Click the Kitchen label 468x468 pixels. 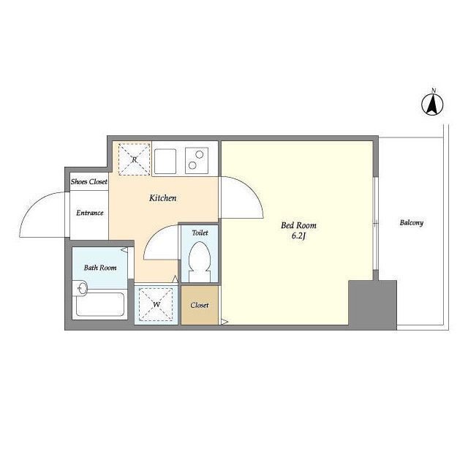coord(162,198)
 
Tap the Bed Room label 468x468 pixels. coord(298,225)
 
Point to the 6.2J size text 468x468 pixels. coord(299,236)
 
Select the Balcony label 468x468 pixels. coord(411,222)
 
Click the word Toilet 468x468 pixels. coord(200,233)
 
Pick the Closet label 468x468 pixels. coord(200,305)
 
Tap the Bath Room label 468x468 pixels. coord(100,268)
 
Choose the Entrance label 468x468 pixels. coord(89,213)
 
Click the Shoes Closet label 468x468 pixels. coord(89,181)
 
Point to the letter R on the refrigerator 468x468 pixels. coord(135,159)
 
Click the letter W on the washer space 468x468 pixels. coord(156,304)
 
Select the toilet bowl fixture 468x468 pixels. coord(200,262)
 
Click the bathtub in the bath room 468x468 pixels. coord(99,304)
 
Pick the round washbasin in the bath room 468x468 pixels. coord(81,288)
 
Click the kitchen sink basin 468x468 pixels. coord(165,161)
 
